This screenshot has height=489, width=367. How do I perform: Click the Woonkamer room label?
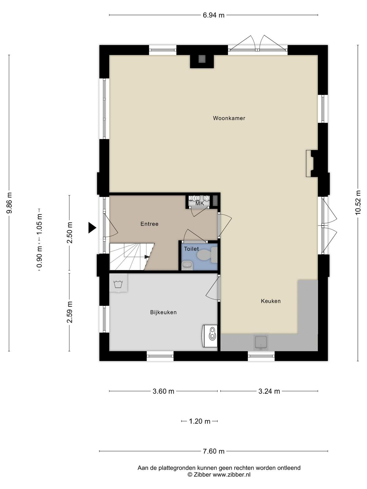point(229,118)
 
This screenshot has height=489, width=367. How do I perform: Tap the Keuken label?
point(271,301)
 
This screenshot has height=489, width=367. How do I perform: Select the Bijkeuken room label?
point(163,312)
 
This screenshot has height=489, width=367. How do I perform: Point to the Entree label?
point(149,224)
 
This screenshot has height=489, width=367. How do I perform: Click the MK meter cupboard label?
point(200,204)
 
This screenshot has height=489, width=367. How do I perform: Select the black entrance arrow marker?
point(92,228)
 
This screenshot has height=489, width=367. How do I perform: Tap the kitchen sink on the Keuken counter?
point(261,342)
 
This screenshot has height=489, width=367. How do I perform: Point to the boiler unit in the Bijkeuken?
point(210,336)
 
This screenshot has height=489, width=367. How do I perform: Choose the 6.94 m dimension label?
point(213,15)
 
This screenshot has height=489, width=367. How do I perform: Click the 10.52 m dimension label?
point(358,203)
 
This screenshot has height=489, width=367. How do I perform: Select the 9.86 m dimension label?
point(9,203)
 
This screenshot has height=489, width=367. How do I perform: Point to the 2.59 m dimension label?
point(69,312)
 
